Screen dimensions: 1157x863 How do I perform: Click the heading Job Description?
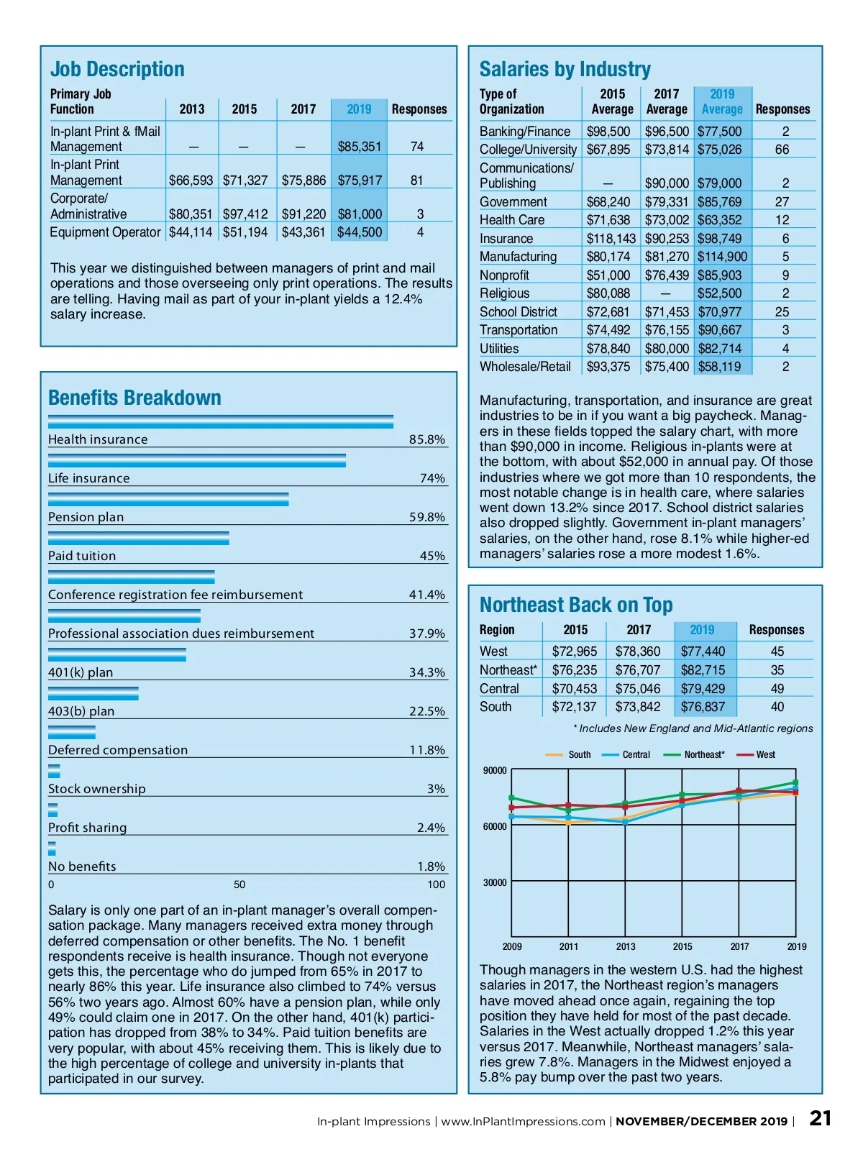pyautogui.click(x=117, y=69)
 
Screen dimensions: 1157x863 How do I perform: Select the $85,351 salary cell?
pyautogui.click(x=360, y=147)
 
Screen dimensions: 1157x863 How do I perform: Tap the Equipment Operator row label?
pyautogui.click(x=105, y=232)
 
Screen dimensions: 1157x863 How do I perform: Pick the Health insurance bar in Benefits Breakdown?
pyautogui.click(x=220, y=421)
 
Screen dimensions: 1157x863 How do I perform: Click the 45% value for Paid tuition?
pyautogui.click(x=432, y=556)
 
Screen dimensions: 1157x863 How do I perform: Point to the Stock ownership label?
pyautogui.click(x=96, y=789)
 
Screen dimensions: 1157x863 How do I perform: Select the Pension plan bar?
pyautogui.click(x=168, y=499)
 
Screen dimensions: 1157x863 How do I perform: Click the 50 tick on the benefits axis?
pyautogui.click(x=239, y=884)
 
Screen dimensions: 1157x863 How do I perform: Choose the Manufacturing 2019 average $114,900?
pyautogui.click(x=722, y=257)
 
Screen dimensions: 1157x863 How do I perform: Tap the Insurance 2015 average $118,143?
pyautogui.click(x=611, y=239)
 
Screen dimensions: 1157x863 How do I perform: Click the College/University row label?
pyautogui.click(x=528, y=150)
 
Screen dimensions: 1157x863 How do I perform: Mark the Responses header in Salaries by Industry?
pyautogui.click(x=782, y=109)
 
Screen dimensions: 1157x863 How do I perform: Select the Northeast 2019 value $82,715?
pyautogui.click(x=703, y=670)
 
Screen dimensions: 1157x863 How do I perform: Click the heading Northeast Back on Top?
pyautogui.click(x=576, y=605)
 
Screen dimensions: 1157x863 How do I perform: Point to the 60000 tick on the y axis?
pyautogui.click(x=495, y=827)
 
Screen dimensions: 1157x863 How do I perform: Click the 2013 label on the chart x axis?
pyautogui.click(x=626, y=947)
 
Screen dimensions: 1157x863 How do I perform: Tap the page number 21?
pyautogui.click(x=821, y=1118)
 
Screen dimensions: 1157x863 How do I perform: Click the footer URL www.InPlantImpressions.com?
pyautogui.click(x=523, y=1122)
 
